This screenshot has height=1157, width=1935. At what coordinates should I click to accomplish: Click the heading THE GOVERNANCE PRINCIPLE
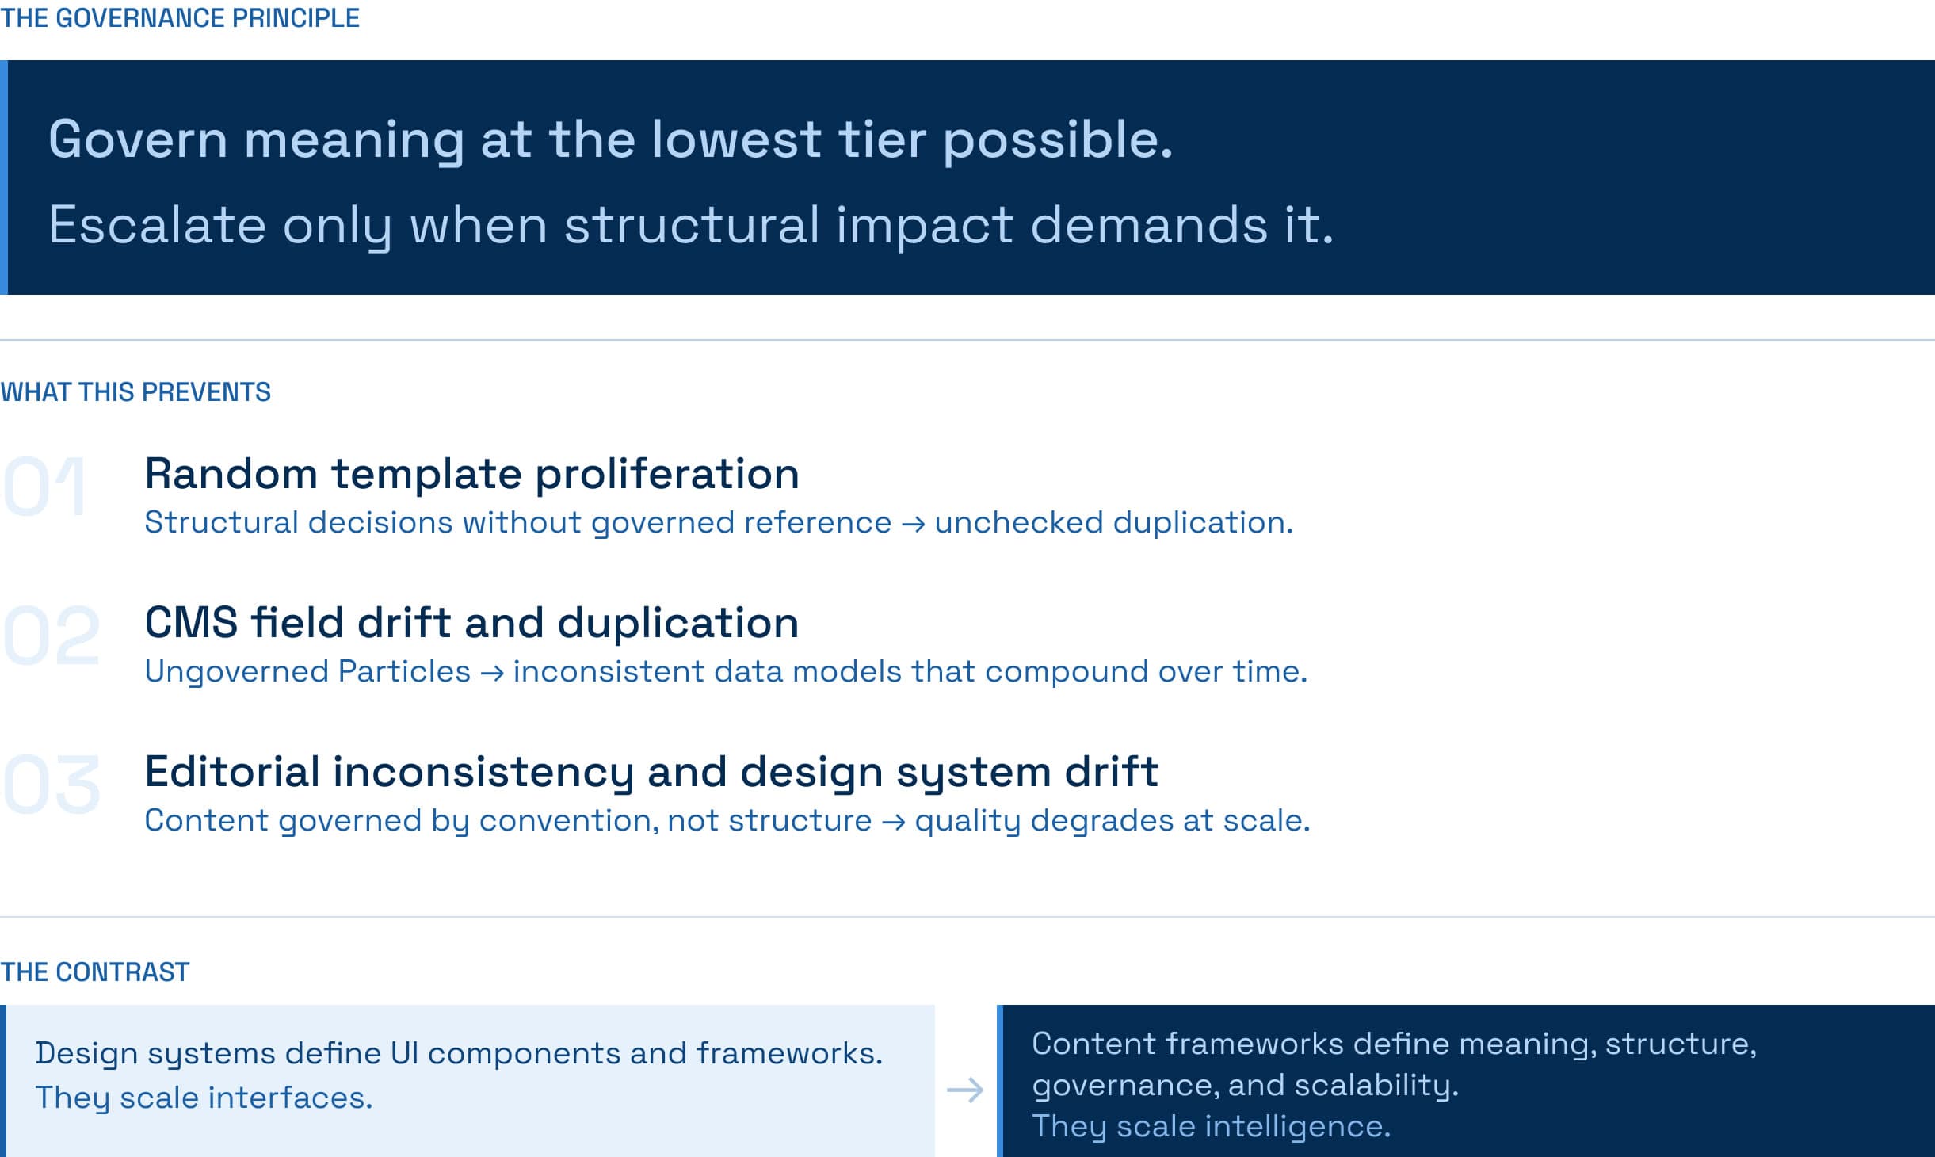pos(180,18)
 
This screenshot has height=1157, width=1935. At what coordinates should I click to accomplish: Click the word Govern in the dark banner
pos(138,139)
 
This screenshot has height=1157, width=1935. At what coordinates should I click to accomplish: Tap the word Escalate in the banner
pos(157,225)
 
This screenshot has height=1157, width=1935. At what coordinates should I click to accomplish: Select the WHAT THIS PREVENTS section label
pos(135,392)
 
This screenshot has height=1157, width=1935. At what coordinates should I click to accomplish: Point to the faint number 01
pos(44,486)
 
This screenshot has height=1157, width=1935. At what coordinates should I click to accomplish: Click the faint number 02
pos(52,635)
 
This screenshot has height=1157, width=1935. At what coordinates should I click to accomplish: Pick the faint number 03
pos(52,784)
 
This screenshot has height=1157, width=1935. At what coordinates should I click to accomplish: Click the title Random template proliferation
pos(471,474)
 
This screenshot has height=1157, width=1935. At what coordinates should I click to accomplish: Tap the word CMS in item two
pos(191,622)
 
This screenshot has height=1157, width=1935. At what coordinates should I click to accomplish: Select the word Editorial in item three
pos(232,771)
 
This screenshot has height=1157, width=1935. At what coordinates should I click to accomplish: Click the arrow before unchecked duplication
pos(913,524)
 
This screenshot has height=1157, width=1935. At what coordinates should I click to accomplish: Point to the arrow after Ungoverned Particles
pos(492,673)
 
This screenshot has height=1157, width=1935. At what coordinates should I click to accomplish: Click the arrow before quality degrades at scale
pos(893,822)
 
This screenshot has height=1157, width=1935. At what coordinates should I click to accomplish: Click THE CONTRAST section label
pos(95,972)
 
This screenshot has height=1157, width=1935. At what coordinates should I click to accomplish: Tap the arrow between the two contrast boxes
pos(965,1090)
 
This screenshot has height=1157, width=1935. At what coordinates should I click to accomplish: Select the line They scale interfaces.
pos(204,1098)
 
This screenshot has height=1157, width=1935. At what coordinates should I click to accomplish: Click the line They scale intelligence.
pos(1211,1127)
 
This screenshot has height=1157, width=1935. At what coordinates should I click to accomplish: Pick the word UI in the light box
pos(404,1053)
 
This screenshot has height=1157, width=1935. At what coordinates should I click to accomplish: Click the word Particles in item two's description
pos(404,672)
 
